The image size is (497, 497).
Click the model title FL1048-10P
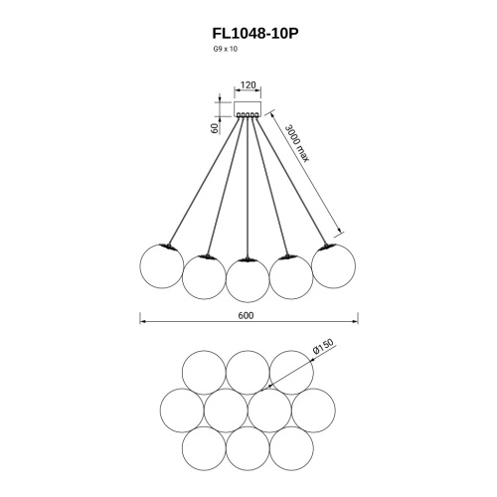[x=248, y=33]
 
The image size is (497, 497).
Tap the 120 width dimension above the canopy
[x=248, y=86]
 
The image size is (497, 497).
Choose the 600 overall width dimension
[x=248, y=316]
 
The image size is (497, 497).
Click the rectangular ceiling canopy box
[x=248, y=104]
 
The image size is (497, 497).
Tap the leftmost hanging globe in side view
[x=160, y=265]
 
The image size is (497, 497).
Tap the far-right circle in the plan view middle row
[x=313, y=411]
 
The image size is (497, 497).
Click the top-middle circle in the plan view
[x=248, y=373]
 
